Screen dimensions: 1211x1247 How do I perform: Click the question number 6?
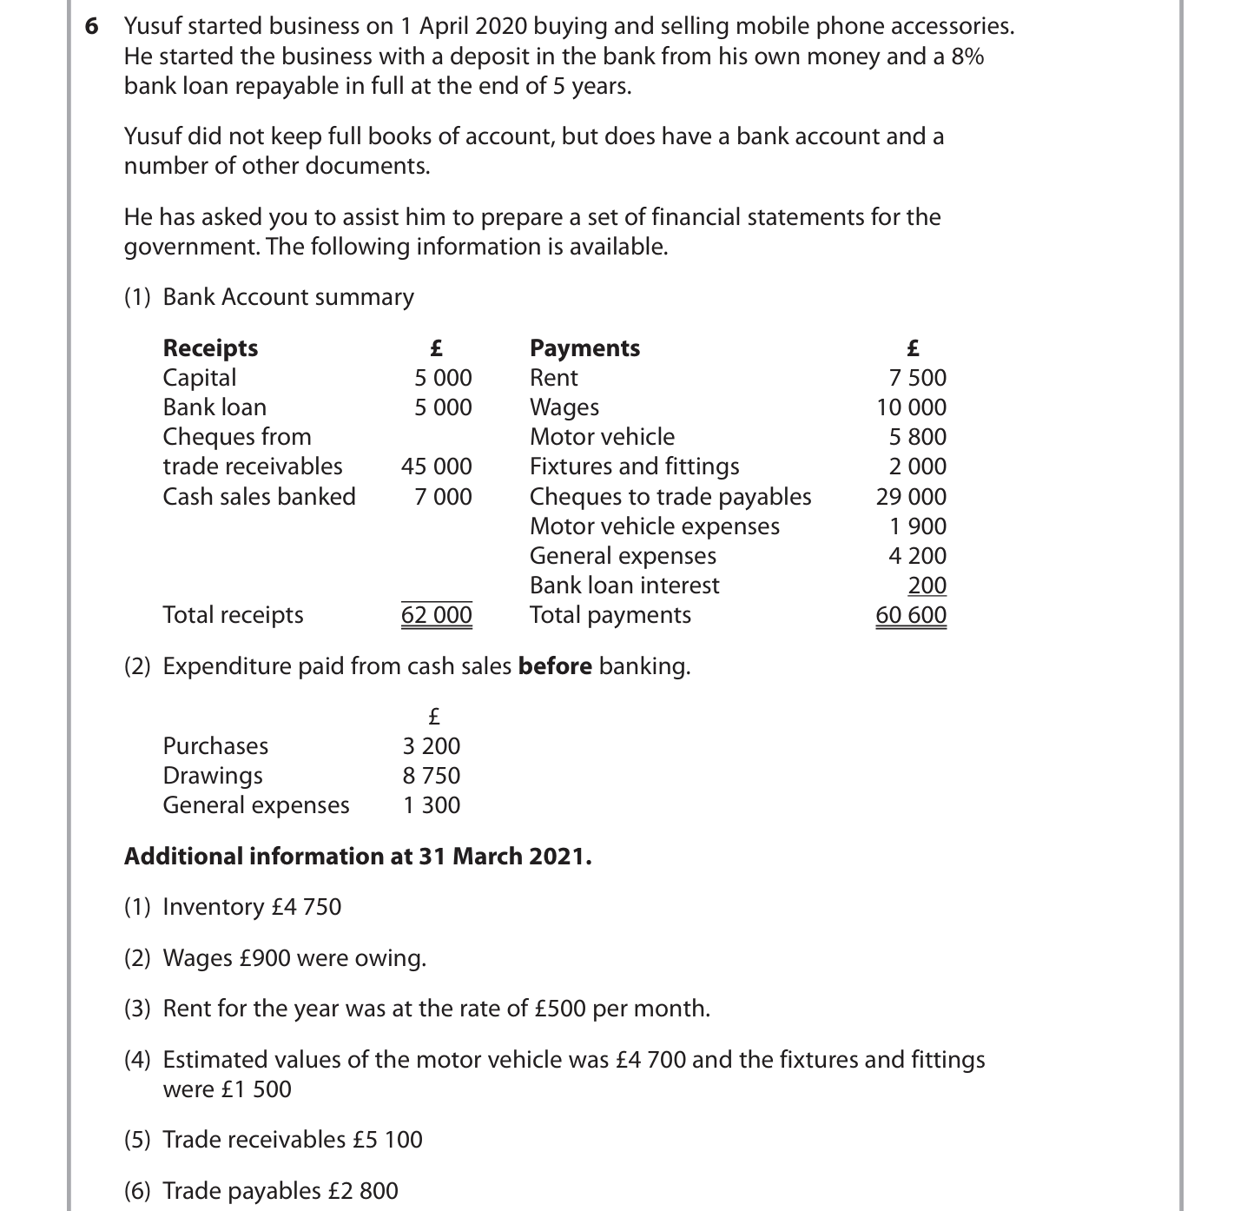[91, 26]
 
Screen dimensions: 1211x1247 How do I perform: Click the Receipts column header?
[210, 348]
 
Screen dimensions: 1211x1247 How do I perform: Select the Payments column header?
[584, 348]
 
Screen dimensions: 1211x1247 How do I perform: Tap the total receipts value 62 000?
[436, 615]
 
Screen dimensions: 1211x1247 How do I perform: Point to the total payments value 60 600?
[910, 615]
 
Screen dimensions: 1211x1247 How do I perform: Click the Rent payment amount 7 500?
[917, 378]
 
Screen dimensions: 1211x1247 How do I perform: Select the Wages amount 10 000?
[911, 407]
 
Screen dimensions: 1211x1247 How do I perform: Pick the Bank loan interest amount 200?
[927, 586]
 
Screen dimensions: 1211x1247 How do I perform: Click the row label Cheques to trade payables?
[670, 497]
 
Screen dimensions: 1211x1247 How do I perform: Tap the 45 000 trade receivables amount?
[436, 467]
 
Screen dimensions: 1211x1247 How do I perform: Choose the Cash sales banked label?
[259, 497]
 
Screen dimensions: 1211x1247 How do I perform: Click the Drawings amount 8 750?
[431, 776]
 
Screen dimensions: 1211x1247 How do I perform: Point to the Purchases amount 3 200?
[431, 746]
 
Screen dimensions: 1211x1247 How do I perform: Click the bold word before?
[555, 666]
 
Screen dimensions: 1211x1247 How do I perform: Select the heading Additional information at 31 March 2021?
[357, 857]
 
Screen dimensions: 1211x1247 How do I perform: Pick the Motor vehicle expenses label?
[654, 526]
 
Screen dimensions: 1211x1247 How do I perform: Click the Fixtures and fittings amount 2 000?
[917, 467]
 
